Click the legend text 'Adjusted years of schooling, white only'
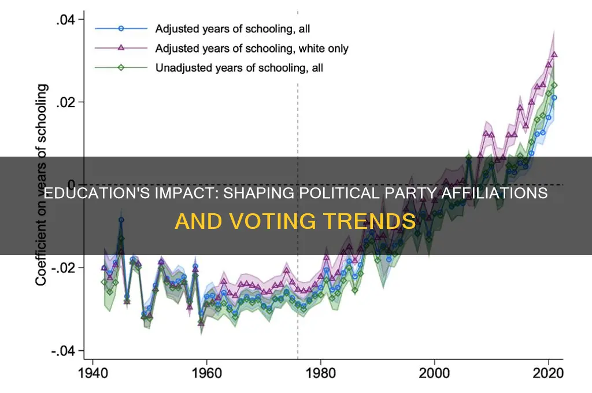pyautogui.click(x=251, y=48)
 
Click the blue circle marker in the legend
pyautogui.click(x=120, y=28)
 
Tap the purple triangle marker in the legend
pyautogui.click(x=120, y=48)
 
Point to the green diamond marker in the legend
pyautogui.click(x=120, y=68)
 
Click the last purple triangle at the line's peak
pyautogui.click(x=554, y=55)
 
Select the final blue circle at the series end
pyautogui.click(x=554, y=98)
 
